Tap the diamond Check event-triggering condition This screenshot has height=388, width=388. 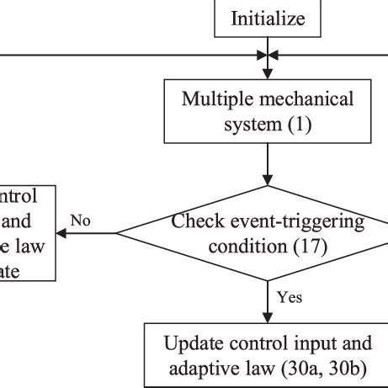click(268, 233)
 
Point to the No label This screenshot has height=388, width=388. click(80, 221)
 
